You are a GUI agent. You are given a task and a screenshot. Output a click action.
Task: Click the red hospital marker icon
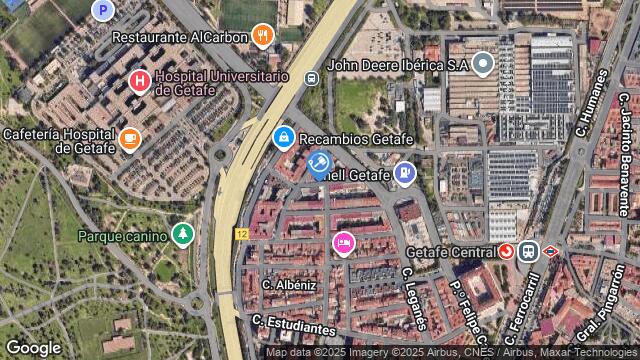(x=139, y=80)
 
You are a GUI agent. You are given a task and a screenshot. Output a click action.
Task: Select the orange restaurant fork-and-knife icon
(x=263, y=35)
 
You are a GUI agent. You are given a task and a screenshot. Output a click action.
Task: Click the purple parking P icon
(x=101, y=10)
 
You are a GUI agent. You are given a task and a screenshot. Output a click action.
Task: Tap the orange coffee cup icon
(x=129, y=139)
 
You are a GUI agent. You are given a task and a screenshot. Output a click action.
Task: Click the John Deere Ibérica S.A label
(x=398, y=65)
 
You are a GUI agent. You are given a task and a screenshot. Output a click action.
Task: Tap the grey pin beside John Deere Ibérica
(x=483, y=65)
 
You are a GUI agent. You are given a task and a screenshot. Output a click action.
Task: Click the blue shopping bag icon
(x=284, y=136)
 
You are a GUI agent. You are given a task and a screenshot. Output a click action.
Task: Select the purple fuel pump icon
(x=404, y=174)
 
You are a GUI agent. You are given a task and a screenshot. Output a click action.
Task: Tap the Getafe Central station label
(x=453, y=251)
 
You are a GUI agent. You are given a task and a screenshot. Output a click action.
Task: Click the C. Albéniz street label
(x=289, y=285)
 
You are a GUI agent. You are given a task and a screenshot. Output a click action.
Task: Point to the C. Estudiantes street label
(x=293, y=325)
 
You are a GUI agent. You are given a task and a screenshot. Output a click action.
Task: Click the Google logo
(x=33, y=347)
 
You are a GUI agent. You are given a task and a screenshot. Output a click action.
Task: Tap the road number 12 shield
(x=241, y=233)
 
